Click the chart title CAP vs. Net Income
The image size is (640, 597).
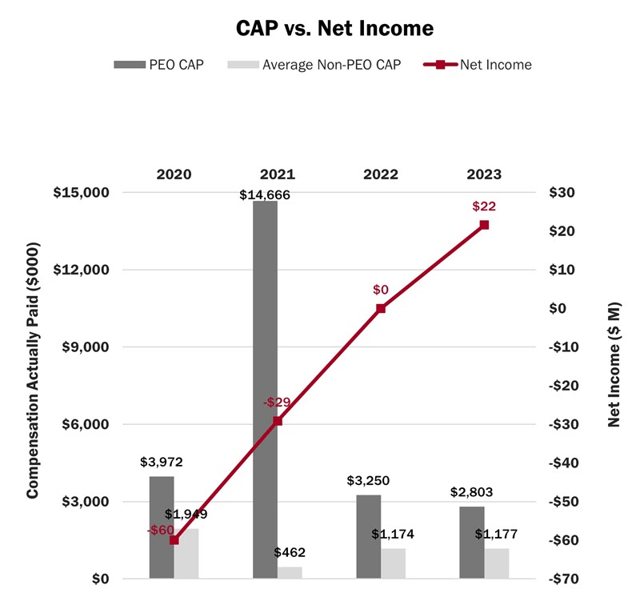[x=335, y=29]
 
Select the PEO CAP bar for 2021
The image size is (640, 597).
[x=265, y=384]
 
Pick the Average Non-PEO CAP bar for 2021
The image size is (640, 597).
[x=290, y=572]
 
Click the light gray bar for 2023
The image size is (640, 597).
[x=497, y=563]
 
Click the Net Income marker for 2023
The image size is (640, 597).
[x=484, y=225]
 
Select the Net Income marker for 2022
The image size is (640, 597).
[x=381, y=308]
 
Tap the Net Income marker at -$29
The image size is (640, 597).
[x=278, y=420]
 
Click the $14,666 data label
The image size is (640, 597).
[x=265, y=194]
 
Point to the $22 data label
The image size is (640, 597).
[x=484, y=206]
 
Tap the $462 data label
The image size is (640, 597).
[x=290, y=553]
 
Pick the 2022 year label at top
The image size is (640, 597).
[x=381, y=174]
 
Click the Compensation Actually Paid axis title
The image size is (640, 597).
[x=33, y=386]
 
